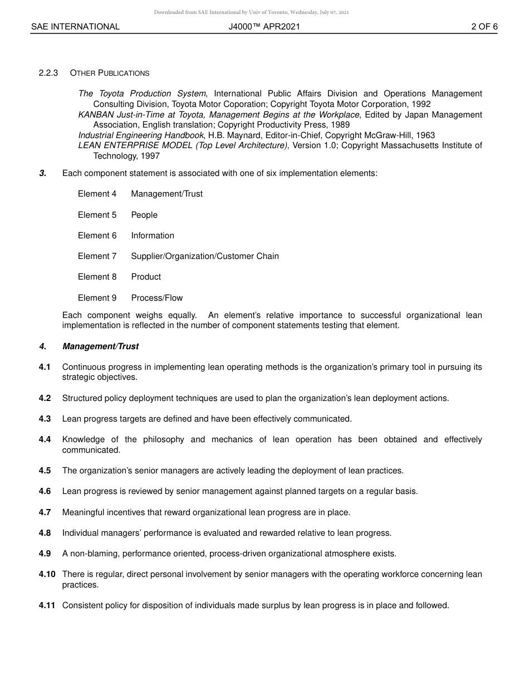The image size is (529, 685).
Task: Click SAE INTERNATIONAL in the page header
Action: coord(75,27)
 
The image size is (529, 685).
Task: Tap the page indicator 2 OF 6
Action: coord(484,27)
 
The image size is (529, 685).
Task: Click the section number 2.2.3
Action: coord(48,73)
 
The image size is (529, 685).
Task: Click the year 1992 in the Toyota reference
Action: coord(421,104)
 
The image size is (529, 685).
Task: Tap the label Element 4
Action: coord(97,194)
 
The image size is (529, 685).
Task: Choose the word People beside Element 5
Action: coord(144,215)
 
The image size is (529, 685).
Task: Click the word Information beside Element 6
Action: coord(153,236)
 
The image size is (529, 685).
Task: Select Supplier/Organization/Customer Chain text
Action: coord(205,256)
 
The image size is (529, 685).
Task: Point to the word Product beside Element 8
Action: coord(146,277)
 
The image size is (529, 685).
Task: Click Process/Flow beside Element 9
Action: coord(157,298)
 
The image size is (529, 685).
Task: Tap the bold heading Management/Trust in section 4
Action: coord(100,346)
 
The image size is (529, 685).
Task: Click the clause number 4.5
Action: coord(45,471)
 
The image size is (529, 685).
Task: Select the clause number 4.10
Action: coord(47,574)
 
